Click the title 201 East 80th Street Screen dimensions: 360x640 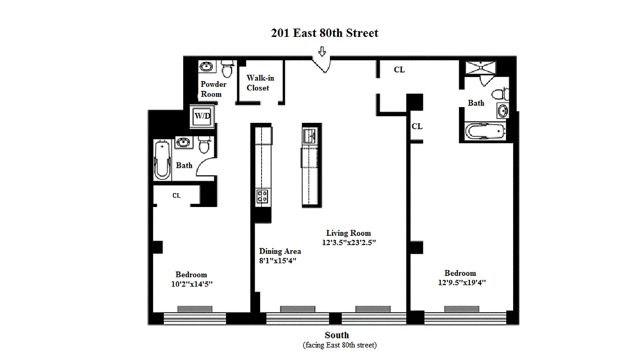click(x=325, y=33)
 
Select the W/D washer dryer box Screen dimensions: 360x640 click(x=203, y=116)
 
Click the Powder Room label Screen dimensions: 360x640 click(x=213, y=89)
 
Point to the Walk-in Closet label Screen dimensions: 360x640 click(x=260, y=83)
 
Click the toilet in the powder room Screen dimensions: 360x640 click(x=228, y=68)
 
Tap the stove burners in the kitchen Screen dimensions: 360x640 click(x=262, y=196)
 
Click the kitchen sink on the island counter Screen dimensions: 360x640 click(x=310, y=135)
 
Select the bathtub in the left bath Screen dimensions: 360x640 click(x=162, y=160)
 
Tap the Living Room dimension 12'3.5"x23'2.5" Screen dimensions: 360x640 click(x=349, y=242)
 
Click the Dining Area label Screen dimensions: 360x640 click(x=280, y=251)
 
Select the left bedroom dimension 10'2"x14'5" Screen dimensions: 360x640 click(x=191, y=284)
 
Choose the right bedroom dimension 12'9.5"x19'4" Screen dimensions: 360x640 click(x=460, y=283)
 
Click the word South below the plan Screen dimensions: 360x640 click(x=337, y=335)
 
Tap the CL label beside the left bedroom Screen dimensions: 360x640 click(x=176, y=195)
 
